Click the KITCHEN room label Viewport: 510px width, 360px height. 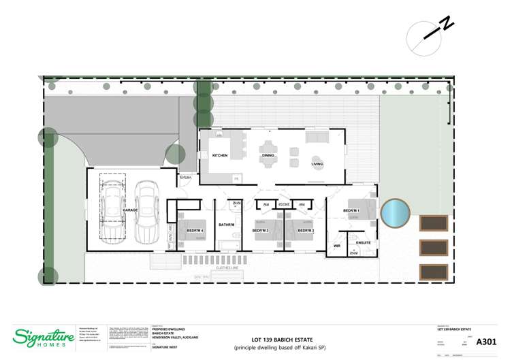pos(220,156)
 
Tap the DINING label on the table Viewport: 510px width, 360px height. pos(268,156)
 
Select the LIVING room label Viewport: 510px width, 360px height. pos(317,164)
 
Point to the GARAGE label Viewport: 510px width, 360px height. pos(130,211)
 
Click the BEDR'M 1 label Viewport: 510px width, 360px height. pos(351,211)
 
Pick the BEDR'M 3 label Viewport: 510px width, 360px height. pos(261,231)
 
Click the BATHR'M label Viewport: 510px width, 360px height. pos(226,225)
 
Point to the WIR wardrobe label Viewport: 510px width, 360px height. pos(336,246)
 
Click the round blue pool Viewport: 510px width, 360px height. pos(395,213)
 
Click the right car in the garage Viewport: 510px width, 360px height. pos(146,212)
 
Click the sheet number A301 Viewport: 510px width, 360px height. pos(485,341)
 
